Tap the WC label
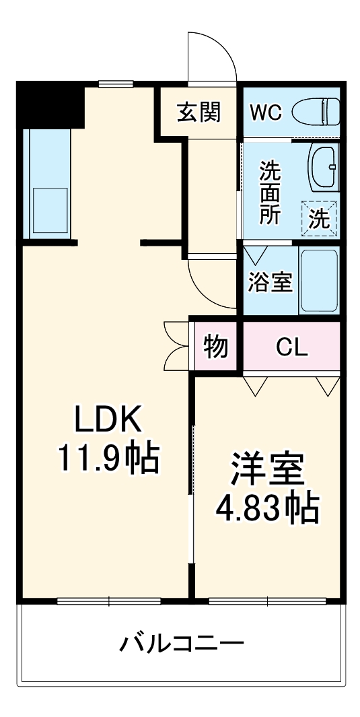[266, 112]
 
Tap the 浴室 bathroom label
[270, 283]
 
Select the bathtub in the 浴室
[318, 281]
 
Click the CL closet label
[292, 347]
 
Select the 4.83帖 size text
[267, 510]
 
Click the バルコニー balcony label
[182, 644]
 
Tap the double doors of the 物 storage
[176, 347]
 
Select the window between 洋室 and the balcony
[267, 601]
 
